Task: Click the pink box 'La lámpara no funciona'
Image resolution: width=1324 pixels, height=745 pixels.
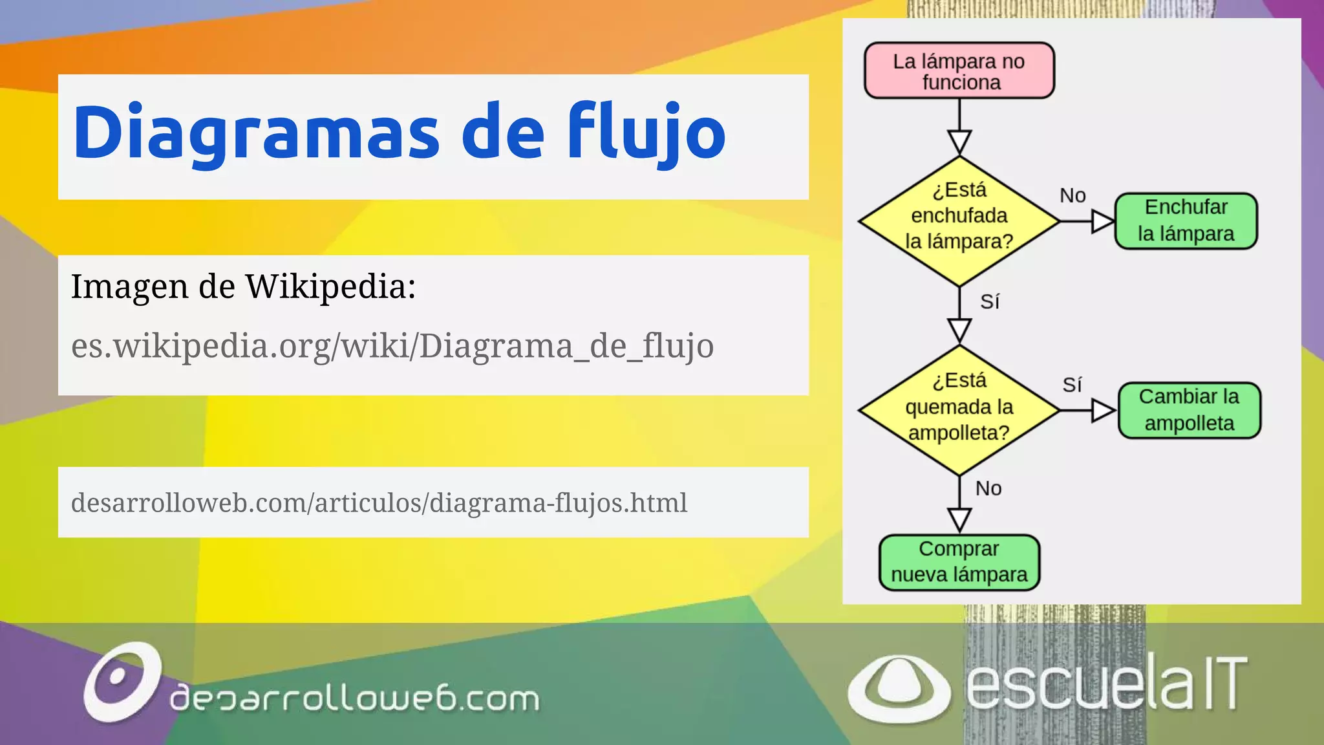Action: pos(959,71)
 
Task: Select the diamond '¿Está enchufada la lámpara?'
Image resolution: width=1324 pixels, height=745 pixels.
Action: pos(959,221)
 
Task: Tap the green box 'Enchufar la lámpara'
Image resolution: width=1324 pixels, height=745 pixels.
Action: pos(1186,221)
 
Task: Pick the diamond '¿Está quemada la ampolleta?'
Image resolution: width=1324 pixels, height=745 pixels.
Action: pos(959,410)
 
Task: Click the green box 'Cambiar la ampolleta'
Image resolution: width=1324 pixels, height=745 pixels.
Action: pos(1189,411)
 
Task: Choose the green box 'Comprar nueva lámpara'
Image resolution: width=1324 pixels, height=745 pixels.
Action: pos(959,562)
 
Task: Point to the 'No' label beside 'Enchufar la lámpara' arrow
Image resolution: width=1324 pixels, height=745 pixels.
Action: pos(1073,195)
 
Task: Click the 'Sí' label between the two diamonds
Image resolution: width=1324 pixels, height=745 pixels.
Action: pos(990,301)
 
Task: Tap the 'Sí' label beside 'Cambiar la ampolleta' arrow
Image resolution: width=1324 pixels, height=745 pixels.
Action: pos(1072,385)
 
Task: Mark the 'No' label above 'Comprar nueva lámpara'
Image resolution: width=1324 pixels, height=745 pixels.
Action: pos(988,488)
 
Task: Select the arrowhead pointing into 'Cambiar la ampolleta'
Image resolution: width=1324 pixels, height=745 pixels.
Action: pos(1103,411)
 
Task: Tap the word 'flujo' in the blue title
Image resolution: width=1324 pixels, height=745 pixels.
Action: pos(646,132)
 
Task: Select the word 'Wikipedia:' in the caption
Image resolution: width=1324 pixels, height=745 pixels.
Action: pos(330,286)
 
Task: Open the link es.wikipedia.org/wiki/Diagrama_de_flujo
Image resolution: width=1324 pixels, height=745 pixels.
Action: pos(392,345)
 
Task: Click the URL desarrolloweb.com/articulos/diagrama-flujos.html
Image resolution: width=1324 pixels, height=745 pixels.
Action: pos(379,503)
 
